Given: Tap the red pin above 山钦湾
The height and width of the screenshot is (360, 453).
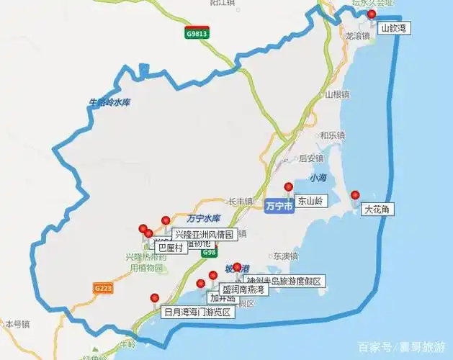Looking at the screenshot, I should click(x=372, y=14).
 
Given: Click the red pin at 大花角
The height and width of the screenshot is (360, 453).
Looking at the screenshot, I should click(x=354, y=195).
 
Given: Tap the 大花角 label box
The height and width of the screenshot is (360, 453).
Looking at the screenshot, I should click(x=377, y=210).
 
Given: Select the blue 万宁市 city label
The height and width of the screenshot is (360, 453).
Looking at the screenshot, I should click(x=279, y=206).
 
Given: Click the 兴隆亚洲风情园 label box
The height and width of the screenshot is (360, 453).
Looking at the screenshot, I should click(x=204, y=234).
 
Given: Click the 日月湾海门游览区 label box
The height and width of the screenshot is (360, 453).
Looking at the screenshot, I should click(x=196, y=312).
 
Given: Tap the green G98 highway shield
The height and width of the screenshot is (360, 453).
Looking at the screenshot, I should click(x=209, y=253).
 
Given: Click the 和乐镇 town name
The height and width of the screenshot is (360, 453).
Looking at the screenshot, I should click(x=333, y=135).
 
